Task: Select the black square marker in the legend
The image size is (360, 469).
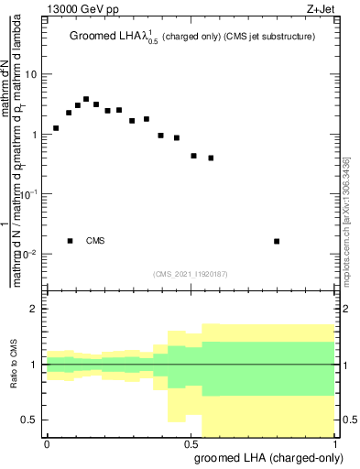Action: [x=71, y=241]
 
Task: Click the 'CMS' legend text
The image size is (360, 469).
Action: [x=95, y=241]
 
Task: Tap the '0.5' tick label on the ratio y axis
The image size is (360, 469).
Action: [x=29, y=420]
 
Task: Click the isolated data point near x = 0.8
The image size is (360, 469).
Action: [x=277, y=241]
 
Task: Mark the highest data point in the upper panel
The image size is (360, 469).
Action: [x=86, y=99]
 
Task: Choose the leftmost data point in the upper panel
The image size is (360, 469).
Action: [x=56, y=128]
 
